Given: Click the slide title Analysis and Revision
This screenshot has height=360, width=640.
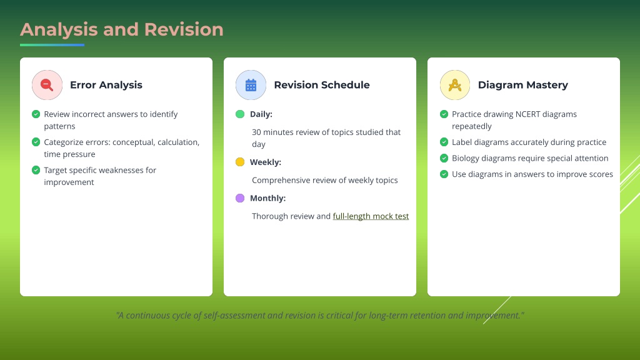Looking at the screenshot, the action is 122,30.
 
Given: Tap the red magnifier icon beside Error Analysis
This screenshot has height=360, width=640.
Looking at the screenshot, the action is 47,85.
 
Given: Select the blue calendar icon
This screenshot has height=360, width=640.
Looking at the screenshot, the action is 251,85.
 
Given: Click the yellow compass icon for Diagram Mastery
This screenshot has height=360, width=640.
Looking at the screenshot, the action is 455,85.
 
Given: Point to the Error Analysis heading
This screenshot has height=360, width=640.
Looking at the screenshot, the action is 106,85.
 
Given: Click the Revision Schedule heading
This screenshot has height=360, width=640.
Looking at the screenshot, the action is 322,85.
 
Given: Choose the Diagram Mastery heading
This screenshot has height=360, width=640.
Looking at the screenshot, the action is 523,85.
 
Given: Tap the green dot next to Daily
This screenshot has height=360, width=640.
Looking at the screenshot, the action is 240,114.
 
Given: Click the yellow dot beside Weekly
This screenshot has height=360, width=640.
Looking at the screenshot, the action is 240,162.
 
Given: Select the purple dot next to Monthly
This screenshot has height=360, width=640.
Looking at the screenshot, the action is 240,198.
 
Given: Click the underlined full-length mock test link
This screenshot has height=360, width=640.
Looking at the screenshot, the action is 371,216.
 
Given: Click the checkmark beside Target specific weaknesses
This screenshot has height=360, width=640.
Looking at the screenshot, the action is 36,170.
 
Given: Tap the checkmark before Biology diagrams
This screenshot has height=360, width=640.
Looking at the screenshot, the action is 444,158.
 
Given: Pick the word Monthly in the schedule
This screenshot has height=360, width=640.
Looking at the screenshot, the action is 267,198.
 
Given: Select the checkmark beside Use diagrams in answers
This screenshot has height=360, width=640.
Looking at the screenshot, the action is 444,174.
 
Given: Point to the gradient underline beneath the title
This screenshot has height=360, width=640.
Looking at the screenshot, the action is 52,45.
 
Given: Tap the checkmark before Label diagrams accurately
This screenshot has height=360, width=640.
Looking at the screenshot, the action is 444,142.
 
